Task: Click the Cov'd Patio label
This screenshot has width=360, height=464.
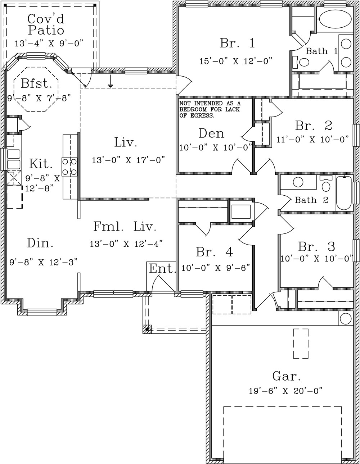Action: [46, 24]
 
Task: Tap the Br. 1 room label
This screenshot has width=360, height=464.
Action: [237, 43]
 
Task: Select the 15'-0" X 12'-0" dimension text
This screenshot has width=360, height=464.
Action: [236, 61]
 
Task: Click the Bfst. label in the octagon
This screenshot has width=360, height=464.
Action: [36, 83]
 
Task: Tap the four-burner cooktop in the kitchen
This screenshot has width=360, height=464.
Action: [69, 167]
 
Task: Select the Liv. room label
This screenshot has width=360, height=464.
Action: [126, 142]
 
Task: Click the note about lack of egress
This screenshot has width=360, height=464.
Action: [210, 110]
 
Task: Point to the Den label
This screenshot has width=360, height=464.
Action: [212, 133]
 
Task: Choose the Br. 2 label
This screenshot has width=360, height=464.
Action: [314, 126]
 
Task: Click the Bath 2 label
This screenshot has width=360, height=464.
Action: [311, 200]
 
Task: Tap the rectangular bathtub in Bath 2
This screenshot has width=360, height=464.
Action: [344, 193]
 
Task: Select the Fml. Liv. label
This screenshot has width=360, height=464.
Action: [125, 227]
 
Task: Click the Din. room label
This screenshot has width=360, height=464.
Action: [40, 243]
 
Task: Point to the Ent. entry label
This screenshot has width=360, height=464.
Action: [162, 269]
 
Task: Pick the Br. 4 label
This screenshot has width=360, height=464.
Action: [214, 252]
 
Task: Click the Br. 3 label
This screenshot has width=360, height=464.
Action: [316, 247]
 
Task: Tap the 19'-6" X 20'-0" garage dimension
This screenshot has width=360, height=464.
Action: [285, 391]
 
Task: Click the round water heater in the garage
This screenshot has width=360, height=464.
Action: [346, 319]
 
